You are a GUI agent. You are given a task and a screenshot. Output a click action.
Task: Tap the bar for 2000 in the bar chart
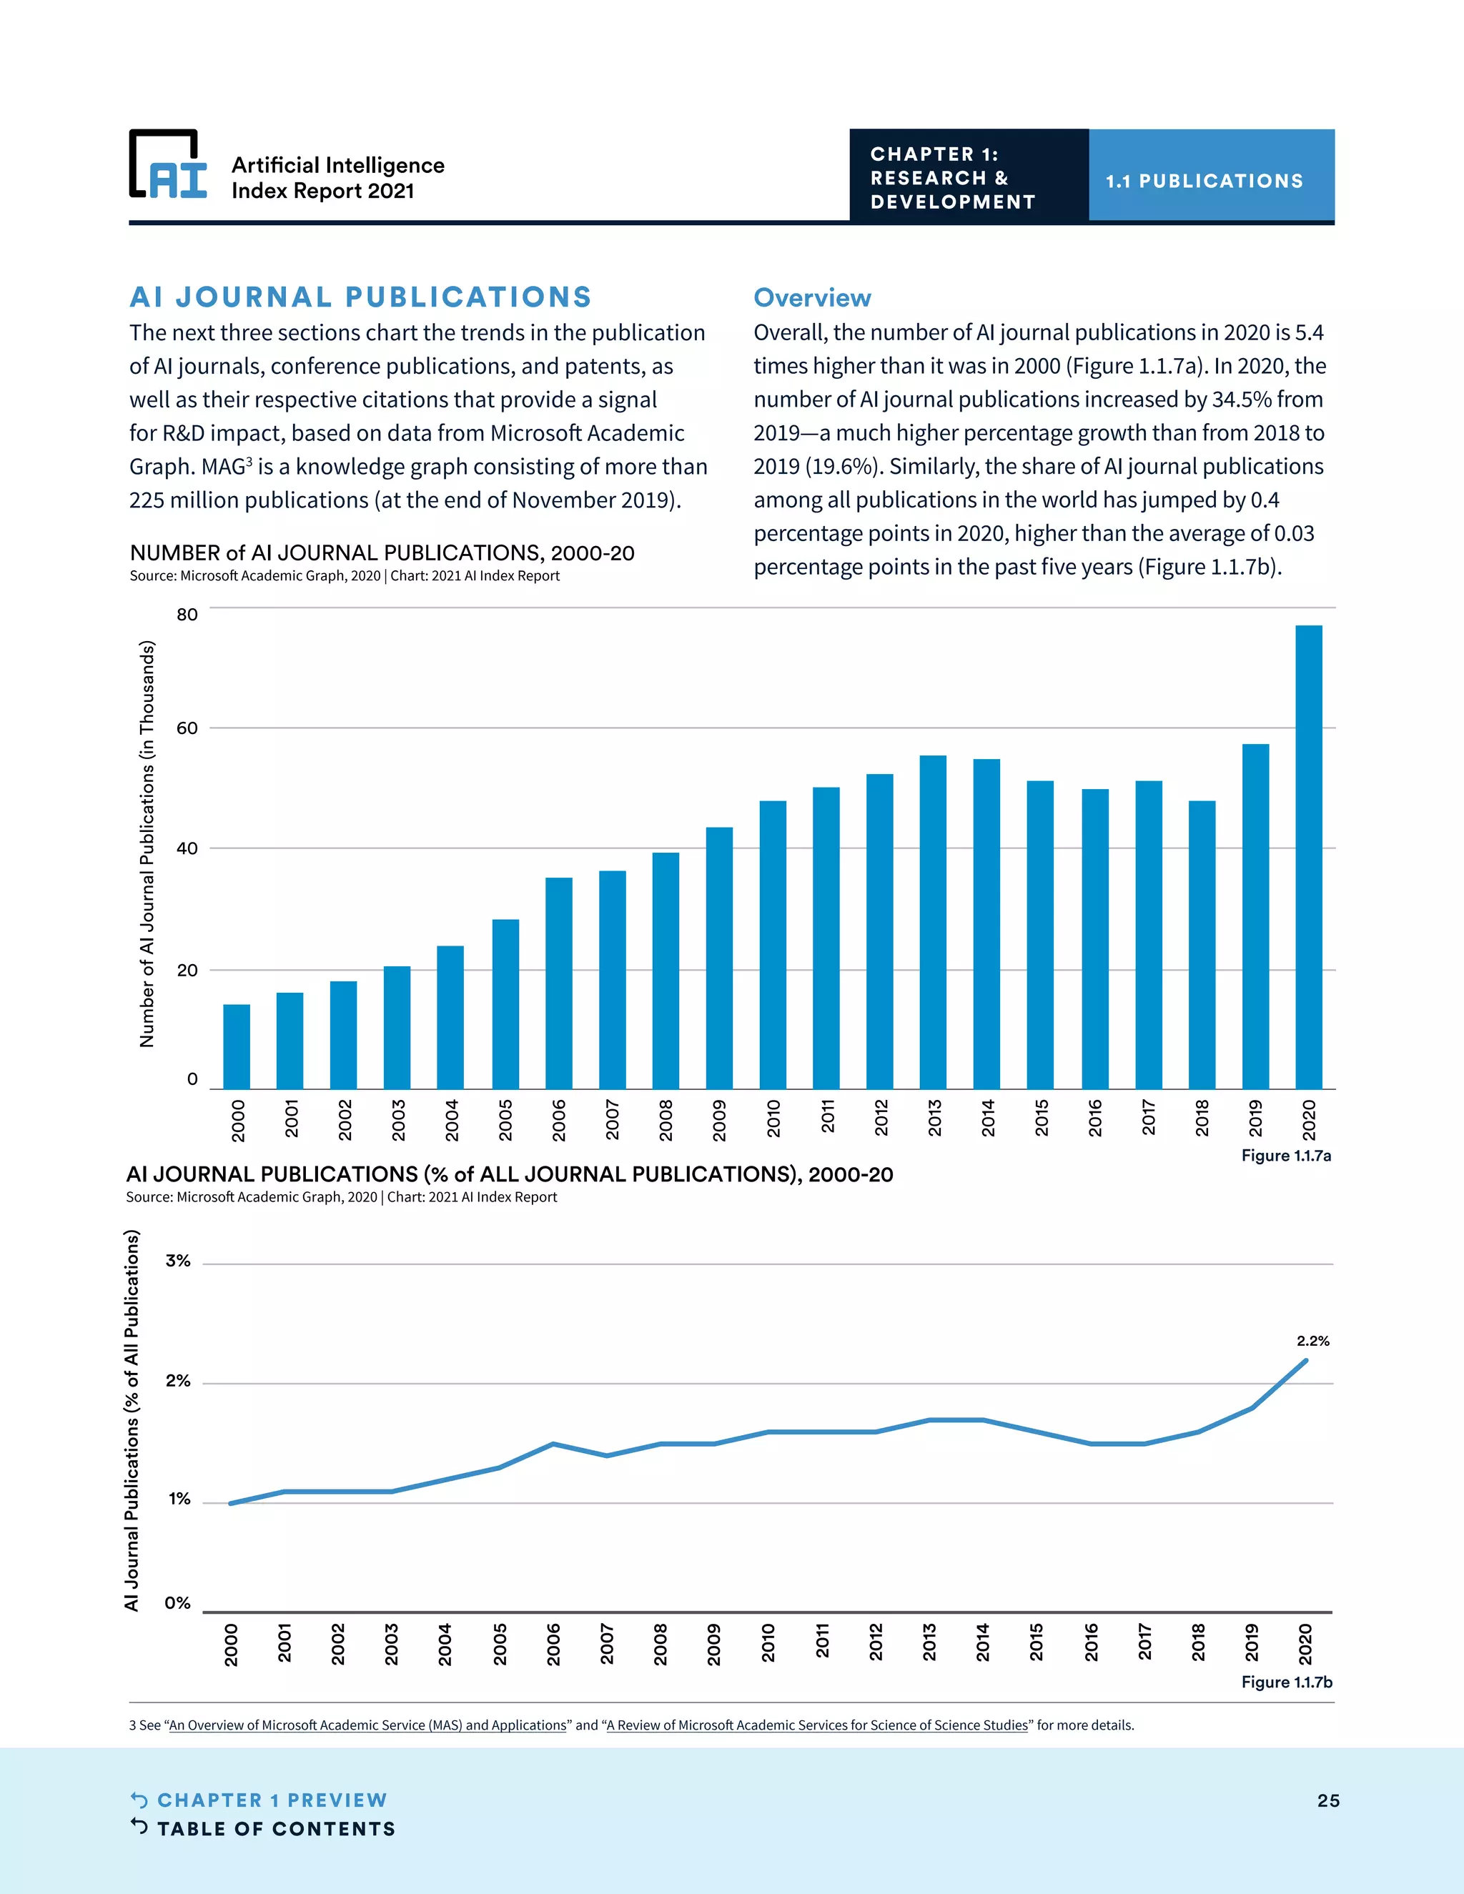(x=237, y=1047)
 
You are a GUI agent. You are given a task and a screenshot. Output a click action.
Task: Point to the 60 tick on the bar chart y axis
(x=187, y=728)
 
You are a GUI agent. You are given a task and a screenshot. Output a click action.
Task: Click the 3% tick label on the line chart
(x=178, y=1261)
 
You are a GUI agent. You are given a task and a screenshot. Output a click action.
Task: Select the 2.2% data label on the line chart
(x=1312, y=1341)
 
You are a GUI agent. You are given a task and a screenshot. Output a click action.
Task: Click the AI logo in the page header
(x=168, y=166)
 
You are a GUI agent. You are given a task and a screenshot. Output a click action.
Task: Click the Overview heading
(x=812, y=297)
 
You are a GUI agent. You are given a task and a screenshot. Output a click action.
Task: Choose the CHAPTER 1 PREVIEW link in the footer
(x=272, y=1800)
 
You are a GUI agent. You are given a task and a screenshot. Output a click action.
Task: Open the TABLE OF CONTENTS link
(x=276, y=1829)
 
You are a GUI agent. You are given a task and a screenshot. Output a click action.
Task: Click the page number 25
(x=1328, y=1800)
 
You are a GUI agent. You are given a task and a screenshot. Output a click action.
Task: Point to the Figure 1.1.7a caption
(x=1285, y=1155)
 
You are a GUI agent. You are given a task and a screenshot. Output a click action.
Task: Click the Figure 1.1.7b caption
(x=1286, y=1682)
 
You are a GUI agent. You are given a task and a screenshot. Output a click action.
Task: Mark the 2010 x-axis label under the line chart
(x=768, y=1643)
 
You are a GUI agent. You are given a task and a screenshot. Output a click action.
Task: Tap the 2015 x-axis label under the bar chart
(x=1042, y=1118)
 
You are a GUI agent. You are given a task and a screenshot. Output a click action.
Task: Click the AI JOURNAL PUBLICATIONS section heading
(x=360, y=297)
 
